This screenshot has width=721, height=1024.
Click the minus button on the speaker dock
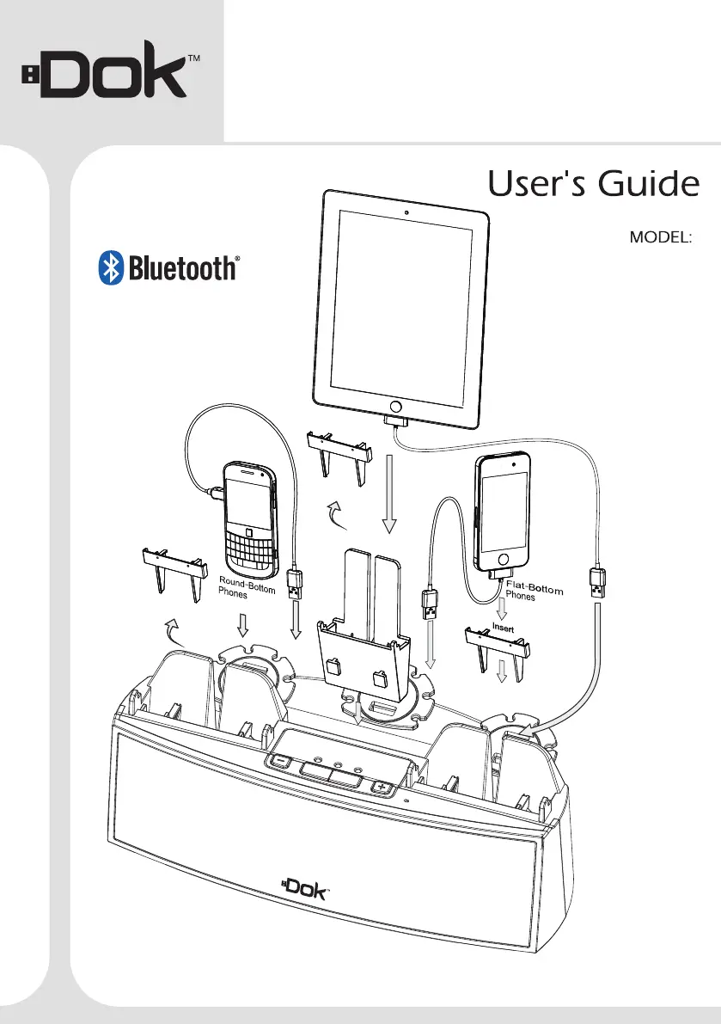[x=280, y=760]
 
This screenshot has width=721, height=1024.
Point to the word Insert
[x=503, y=629]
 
